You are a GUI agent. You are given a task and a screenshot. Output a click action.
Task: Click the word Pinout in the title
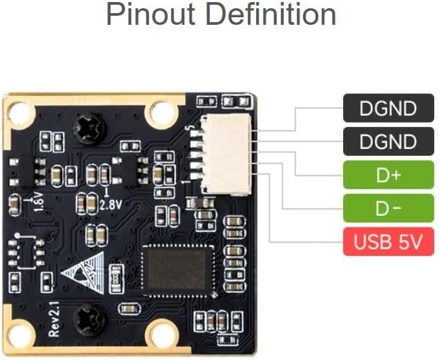pos(150,14)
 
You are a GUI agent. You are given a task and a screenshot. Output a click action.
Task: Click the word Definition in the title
pos(271,14)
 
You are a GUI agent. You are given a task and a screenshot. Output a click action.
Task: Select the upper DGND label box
pos(389,108)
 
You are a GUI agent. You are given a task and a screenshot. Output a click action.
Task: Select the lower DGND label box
pos(389,141)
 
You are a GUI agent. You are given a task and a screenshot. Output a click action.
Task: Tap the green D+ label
pos(389,174)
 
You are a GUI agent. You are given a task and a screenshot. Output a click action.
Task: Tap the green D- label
pos(389,208)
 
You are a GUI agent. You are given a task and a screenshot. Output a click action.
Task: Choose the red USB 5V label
pos(389,241)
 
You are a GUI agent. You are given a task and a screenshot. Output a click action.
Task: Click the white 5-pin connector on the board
pos(226,154)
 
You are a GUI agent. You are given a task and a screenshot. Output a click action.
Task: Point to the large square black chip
pos(177,270)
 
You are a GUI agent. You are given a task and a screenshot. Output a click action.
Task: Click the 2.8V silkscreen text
pos(111,205)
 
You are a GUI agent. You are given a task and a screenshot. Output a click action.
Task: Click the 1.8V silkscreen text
pos(39,201)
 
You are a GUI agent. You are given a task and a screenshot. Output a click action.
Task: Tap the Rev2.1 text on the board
pos(54,319)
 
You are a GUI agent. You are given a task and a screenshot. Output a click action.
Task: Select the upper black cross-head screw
pos(90,129)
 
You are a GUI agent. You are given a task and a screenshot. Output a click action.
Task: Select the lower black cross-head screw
pos(89,320)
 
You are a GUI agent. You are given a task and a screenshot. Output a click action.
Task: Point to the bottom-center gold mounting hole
pos(162,334)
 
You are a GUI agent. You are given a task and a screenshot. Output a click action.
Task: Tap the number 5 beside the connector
pos(191,128)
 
